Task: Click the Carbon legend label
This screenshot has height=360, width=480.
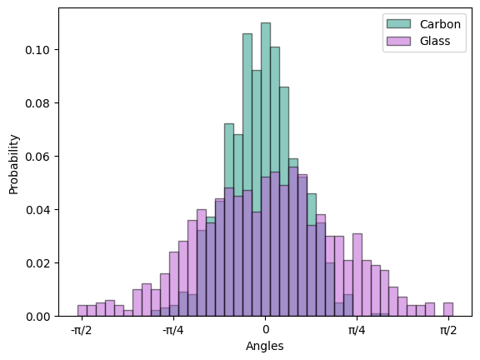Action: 440,24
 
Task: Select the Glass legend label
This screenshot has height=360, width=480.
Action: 435,41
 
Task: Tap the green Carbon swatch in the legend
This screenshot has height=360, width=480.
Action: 398,24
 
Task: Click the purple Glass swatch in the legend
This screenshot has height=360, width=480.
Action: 398,41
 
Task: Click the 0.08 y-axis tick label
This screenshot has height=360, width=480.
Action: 37,103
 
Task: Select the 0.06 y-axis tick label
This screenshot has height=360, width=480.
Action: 37,157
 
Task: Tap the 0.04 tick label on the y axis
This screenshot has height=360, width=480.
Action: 37,210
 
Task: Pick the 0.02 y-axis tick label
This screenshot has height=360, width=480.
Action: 37,263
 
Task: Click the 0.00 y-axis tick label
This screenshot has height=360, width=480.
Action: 37,317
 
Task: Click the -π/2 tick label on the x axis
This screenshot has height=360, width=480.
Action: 82,330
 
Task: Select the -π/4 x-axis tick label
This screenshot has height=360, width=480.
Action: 173,330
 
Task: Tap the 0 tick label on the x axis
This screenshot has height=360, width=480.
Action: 266,330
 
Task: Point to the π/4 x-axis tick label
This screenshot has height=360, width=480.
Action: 357,330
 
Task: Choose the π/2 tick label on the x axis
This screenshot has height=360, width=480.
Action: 448,330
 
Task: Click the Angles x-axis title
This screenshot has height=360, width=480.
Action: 265,346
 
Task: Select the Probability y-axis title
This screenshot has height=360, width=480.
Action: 14,164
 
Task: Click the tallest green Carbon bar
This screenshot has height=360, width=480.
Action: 266,169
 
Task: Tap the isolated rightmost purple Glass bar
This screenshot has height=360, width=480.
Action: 448,309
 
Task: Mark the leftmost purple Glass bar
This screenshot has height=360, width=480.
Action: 82,311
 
